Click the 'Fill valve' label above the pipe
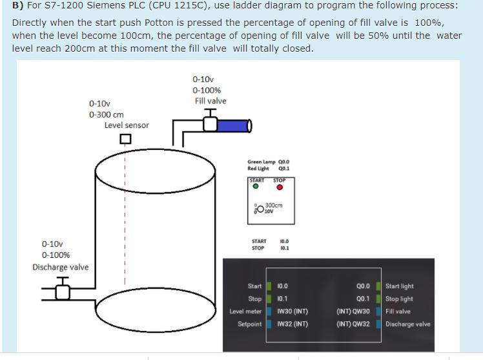pyautogui.click(x=211, y=101)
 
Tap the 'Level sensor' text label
pyautogui.click(x=127, y=125)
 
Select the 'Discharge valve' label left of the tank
pyautogui.click(x=61, y=267)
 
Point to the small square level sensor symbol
pyautogui.click(x=125, y=139)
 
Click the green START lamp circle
pyautogui.click(x=256, y=187)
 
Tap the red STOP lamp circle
pyautogui.click(x=280, y=187)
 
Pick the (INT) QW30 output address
pyautogui.click(x=353, y=312)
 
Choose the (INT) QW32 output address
pyautogui.click(x=353, y=324)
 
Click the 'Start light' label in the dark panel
pyautogui.click(x=400, y=286)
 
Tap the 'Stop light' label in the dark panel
pyautogui.click(x=399, y=299)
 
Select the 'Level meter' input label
pyautogui.click(x=245, y=312)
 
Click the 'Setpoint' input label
pyautogui.click(x=250, y=324)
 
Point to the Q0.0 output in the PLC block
pyautogui.click(x=362, y=286)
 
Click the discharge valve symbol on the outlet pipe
pyautogui.click(x=62, y=291)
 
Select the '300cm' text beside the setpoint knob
pyautogui.click(x=274, y=206)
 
